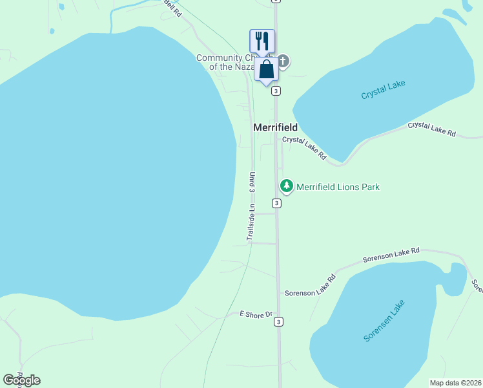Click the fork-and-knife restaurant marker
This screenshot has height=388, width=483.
coord(262,41)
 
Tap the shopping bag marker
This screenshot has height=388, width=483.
coord(266,69)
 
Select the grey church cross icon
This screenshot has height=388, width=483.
coord(282,61)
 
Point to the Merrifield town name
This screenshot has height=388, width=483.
coord(275,127)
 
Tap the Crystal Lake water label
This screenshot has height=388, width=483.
coord(383,90)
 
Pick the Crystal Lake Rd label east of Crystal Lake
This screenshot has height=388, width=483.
coord(431,129)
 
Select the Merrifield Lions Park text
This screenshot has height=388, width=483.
coord(338,187)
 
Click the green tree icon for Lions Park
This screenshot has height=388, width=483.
coord(286,186)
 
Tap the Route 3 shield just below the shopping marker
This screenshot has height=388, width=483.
coord(276,91)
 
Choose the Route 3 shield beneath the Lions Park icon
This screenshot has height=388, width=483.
coord(276,203)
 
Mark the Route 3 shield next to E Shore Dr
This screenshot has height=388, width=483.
coord(278,321)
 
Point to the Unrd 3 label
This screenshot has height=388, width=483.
coord(252,182)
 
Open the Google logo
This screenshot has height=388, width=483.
coord(21,380)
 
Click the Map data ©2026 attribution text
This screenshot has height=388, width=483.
coord(456,383)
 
